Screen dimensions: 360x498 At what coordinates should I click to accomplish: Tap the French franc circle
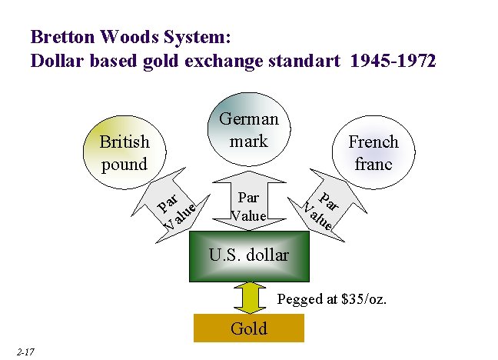click(x=373, y=152)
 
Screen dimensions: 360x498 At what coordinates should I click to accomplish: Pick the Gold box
click(x=249, y=328)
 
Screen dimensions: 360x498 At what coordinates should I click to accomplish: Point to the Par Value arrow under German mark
click(x=249, y=205)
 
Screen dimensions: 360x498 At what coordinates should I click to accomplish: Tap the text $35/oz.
click(x=360, y=298)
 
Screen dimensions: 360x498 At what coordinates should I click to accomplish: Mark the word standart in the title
click(x=303, y=61)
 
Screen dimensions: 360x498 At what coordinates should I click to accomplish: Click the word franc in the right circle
click(x=373, y=163)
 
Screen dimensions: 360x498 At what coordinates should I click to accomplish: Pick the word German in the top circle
click(x=249, y=118)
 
